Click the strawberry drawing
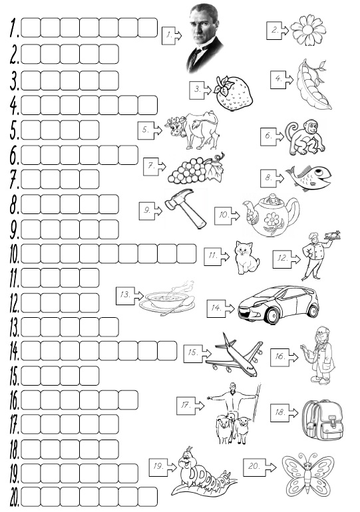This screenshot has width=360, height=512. pos(233,94)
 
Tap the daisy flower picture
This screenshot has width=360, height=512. pos(308,30)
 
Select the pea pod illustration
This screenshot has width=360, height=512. pos(313,84)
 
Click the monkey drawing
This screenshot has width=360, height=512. pos(305,138)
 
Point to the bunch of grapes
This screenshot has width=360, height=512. pos(196,168)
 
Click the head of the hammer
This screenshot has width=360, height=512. pos(179,198)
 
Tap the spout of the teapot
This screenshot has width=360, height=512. pos(248,208)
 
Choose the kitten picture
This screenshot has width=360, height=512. pos(247,257)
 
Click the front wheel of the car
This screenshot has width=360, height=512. pos(273,315)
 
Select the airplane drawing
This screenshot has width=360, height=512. pos(234,355)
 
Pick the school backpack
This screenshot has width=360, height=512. pos(323,421)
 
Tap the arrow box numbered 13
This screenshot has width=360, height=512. pos(129,295)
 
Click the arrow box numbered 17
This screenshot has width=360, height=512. pos(190,406)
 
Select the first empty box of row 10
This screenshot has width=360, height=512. pos(31,253)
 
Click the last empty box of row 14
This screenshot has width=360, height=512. pos(167,350)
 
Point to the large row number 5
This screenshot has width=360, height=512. pos(14,130)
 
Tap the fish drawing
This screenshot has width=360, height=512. pos(309,178)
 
